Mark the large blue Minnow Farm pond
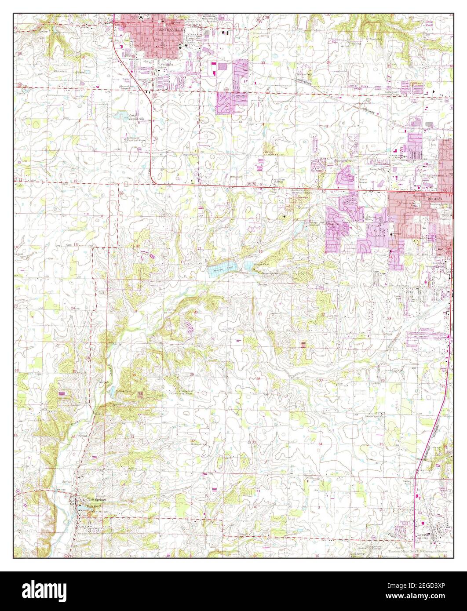point(224,267)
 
